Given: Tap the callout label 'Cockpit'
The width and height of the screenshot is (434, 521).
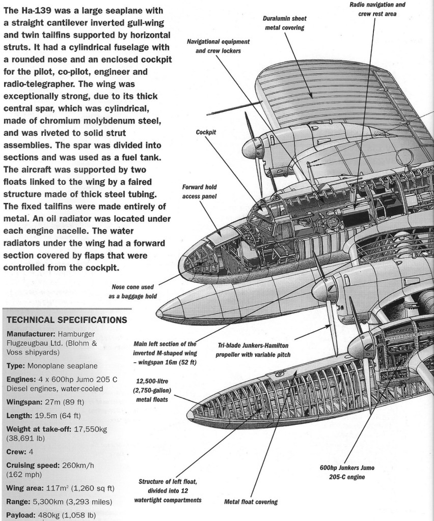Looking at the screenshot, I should click(x=206, y=132).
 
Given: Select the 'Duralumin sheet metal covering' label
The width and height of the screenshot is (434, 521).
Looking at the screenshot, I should click(x=285, y=23).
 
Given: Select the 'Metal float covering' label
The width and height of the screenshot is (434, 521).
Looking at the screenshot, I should click(x=251, y=502).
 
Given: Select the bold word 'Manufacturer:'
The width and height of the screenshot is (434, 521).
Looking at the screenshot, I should click(x=30, y=334).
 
